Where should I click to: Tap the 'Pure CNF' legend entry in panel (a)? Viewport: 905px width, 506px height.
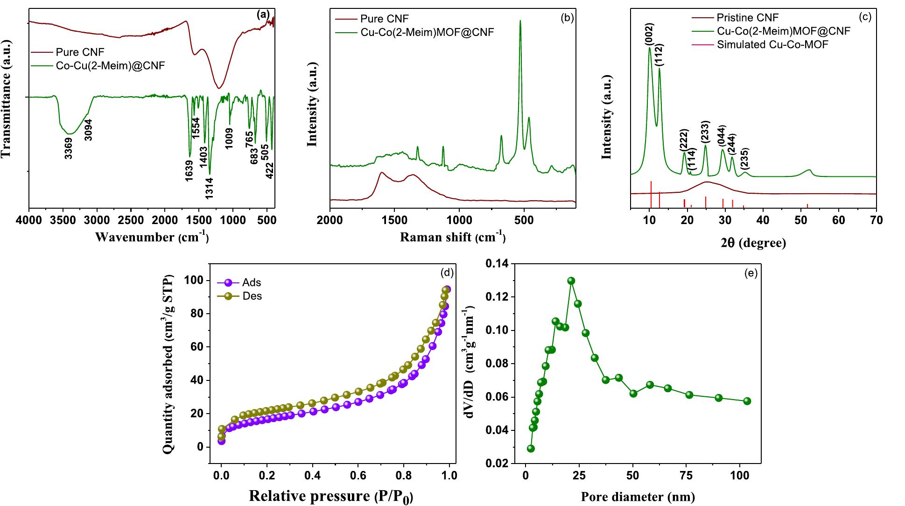click(x=80, y=52)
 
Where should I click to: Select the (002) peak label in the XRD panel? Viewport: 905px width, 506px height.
click(x=649, y=35)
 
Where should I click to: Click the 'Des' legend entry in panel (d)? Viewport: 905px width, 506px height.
click(x=252, y=296)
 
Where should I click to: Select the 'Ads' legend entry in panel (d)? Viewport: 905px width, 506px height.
click(x=252, y=283)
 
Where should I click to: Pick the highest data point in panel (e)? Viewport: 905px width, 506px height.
click(x=571, y=281)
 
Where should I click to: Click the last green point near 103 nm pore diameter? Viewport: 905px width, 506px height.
click(x=747, y=401)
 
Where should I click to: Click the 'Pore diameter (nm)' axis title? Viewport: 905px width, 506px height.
click(x=638, y=496)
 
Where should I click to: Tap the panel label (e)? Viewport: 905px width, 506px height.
click(x=751, y=273)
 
